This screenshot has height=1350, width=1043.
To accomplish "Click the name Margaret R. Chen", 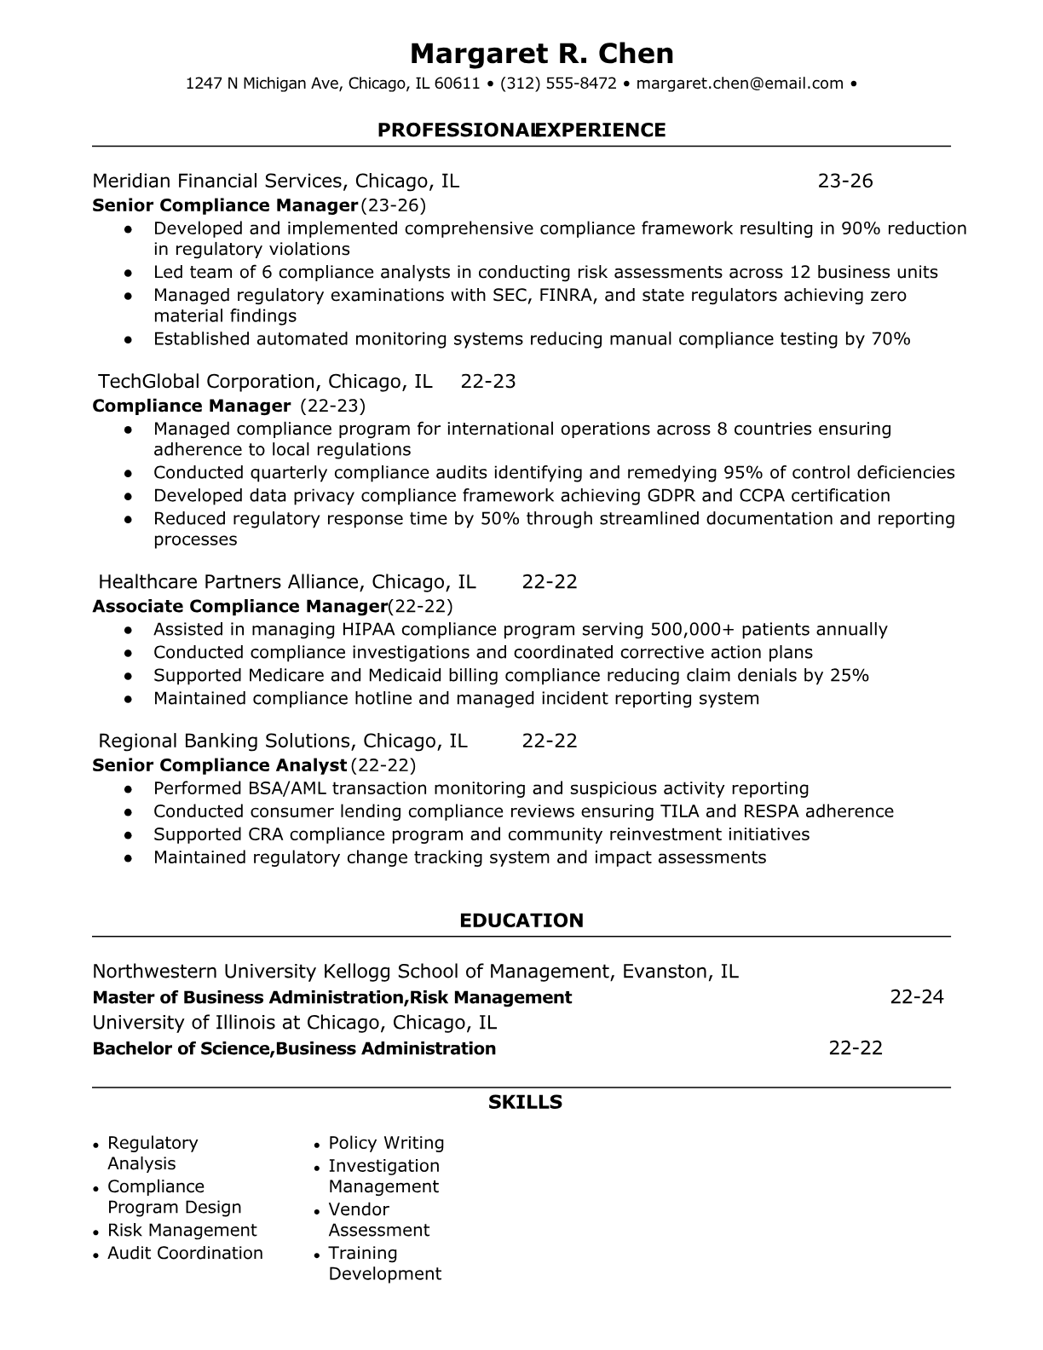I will (x=541, y=54).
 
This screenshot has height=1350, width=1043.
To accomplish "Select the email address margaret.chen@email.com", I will (x=740, y=84).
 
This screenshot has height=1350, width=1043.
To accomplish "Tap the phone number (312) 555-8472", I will (x=558, y=84).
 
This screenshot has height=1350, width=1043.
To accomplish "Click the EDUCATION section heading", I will (x=521, y=920).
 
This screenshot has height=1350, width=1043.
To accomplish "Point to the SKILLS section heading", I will (x=525, y=1103).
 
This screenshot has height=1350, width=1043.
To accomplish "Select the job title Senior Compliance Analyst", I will (x=219, y=765).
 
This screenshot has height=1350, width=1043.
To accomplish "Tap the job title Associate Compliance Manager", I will (x=239, y=606).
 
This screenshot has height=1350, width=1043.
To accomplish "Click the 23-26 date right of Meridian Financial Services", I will (x=845, y=181).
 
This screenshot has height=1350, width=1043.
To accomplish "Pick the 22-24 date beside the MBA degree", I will (x=917, y=997).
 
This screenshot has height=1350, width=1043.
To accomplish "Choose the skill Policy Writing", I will (x=386, y=1143).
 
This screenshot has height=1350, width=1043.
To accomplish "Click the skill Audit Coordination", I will (x=185, y=1253).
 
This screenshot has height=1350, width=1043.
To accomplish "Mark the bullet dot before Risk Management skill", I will (x=98, y=1232).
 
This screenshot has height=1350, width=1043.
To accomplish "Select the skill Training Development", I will (x=384, y=1264).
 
